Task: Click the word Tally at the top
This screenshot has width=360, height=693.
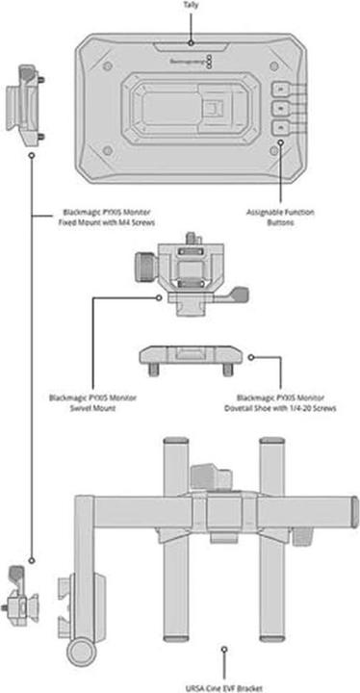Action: pyautogui.click(x=191, y=5)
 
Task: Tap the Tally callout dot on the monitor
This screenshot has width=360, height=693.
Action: pyautogui.click(x=191, y=42)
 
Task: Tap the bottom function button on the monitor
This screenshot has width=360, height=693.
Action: pyautogui.click(x=277, y=126)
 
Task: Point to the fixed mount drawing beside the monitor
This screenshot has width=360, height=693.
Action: pyautogui.click(x=28, y=102)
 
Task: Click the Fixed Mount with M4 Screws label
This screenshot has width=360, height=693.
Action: pyautogui.click(x=93, y=218)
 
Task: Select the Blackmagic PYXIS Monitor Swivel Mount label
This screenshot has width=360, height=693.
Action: pyautogui.click(x=92, y=400)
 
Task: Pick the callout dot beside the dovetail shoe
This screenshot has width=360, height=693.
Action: pyautogui.click(x=250, y=356)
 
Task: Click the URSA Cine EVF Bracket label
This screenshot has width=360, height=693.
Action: pyautogui.click(x=224, y=685)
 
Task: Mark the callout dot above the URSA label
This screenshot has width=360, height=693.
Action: pyautogui.click(x=224, y=651)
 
